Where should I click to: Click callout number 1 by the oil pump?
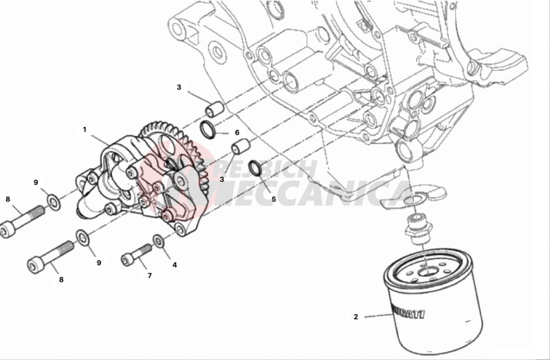coord(85,130)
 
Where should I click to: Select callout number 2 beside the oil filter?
coord(356,317)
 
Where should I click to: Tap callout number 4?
coord(174,265)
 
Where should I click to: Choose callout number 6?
coord(237,133)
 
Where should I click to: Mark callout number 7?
coord(149,275)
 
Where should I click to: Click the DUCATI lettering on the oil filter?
coord(407,312)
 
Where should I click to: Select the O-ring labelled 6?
coord(208,131)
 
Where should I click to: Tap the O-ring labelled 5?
coord(256,167)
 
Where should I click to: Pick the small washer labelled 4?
coord(159,241)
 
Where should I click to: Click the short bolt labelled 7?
coord(137,254)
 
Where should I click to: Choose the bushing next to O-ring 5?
coord(240,147)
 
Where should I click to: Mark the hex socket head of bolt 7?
coord(126,258)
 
